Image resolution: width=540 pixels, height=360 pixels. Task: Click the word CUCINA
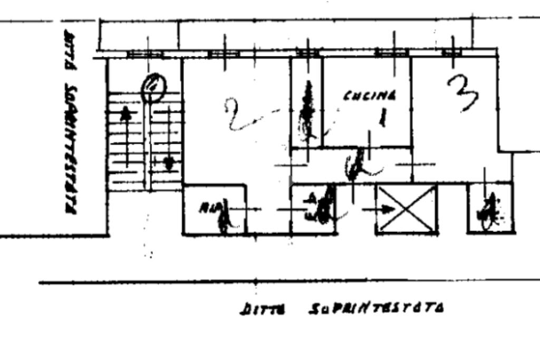point(370,96)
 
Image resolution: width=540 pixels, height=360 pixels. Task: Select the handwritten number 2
point(237,114)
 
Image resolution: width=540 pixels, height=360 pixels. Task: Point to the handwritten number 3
point(462,94)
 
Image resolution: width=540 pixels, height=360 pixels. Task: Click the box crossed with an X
point(407,209)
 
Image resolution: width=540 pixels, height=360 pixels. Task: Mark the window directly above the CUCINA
point(391,52)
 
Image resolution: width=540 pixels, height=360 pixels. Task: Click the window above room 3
point(452,52)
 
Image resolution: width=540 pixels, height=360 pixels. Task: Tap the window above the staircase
point(146,53)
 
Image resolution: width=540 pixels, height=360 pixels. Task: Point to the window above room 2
point(224,53)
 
